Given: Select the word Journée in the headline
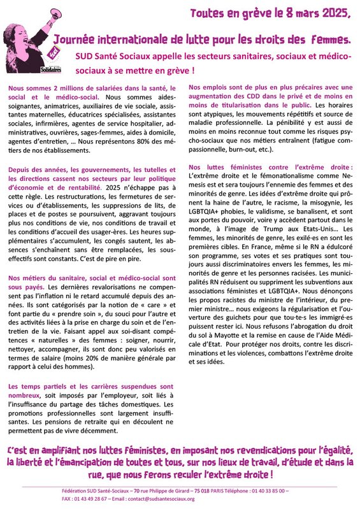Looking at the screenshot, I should pos(75,39).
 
